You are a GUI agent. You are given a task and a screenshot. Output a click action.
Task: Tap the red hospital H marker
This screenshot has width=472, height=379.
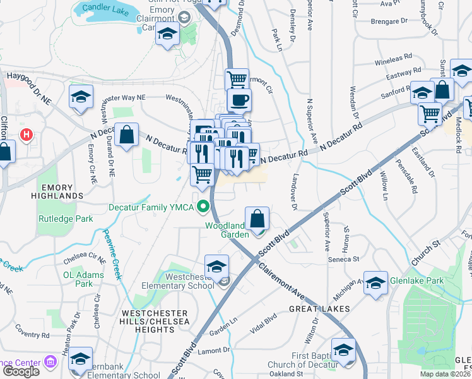26,135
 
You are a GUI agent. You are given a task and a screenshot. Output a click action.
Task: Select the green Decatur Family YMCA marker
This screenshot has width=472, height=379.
203,206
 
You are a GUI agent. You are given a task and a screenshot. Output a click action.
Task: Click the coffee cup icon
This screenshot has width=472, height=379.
239,99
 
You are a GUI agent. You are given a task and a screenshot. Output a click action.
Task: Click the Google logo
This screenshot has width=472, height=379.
21,371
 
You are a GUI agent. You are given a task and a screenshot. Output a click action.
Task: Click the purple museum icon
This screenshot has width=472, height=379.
50,363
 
